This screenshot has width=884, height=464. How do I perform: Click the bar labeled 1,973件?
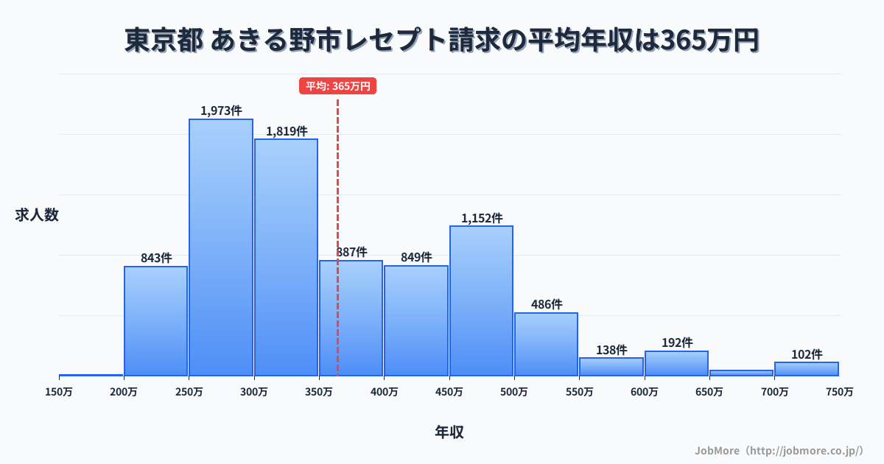(x=221, y=247)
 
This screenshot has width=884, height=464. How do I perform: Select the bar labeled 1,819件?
(x=286, y=258)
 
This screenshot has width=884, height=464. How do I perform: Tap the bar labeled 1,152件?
(x=481, y=300)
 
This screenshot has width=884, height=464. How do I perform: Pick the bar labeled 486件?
(x=546, y=344)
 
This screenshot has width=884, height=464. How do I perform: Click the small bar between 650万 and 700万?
(x=741, y=373)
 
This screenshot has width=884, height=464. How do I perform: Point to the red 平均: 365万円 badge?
(x=338, y=86)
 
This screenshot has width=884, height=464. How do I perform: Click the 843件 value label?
(x=156, y=259)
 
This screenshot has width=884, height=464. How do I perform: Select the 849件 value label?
(x=416, y=258)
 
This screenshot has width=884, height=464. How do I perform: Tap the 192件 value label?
(x=676, y=343)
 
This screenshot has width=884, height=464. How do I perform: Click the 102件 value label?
(x=807, y=354)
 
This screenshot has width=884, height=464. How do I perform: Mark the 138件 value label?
(x=611, y=350)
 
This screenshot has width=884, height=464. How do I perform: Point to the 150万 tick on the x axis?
(x=59, y=392)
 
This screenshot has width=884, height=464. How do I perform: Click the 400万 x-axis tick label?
(x=384, y=392)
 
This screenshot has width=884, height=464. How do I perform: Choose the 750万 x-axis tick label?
(x=839, y=392)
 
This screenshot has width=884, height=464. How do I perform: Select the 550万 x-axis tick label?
(x=579, y=392)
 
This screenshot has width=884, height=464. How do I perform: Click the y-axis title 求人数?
(x=37, y=215)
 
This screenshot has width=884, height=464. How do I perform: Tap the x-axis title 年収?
(x=449, y=432)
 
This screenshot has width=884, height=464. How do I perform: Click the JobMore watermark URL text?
(x=779, y=450)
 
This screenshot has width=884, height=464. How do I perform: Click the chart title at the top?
(x=442, y=41)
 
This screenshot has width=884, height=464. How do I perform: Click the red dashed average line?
(x=338, y=184)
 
